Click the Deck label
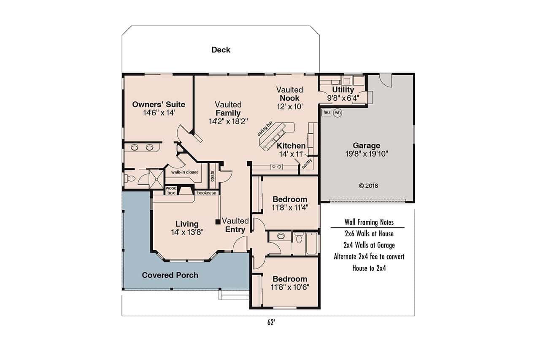pyautogui.click(x=221, y=50)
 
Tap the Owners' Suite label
pyautogui.click(x=159, y=105)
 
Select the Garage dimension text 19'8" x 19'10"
pyautogui.click(x=366, y=154)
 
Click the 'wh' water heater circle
pyautogui.click(x=337, y=113)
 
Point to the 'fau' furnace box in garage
pyautogui.click(x=326, y=112)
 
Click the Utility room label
pyautogui.click(x=343, y=90)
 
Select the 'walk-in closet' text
pyautogui.click(x=184, y=172)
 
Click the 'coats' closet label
pyautogui.click(x=212, y=176)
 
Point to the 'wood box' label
pyautogui.click(x=170, y=190)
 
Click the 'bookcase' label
pyautogui.click(x=207, y=193)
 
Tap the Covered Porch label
pyautogui.click(x=170, y=275)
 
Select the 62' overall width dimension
pyautogui.click(x=271, y=322)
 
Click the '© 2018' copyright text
pyautogui.click(x=368, y=185)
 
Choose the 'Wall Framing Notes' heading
pyautogui.click(x=369, y=222)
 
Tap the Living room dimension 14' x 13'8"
pyautogui.click(x=187, y=232)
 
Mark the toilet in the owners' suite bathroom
pyautogui.click(x=130, y=179)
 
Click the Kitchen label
pyautogui.click(x=291, y=146)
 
